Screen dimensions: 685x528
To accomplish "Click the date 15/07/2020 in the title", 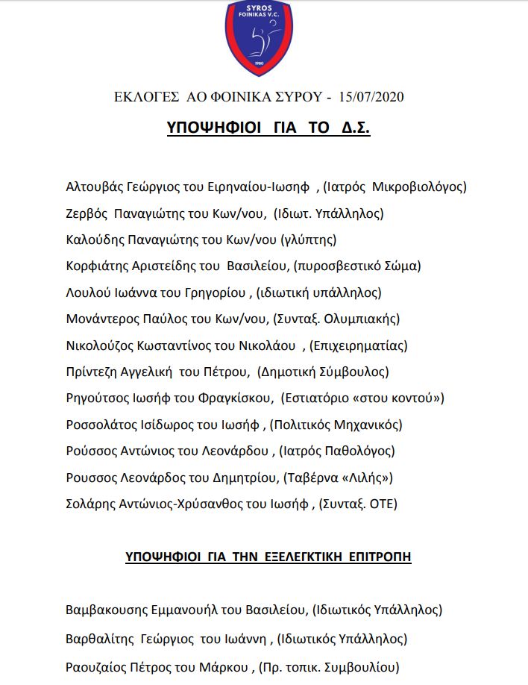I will (371, 97).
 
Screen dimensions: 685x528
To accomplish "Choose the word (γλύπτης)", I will (308, 240).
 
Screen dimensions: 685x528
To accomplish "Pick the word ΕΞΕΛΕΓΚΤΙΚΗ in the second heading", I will (286, 557).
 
